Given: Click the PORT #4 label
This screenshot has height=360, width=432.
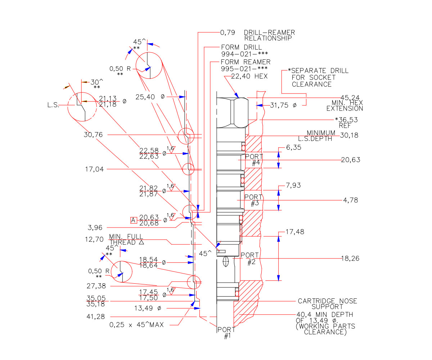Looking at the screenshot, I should click(254, 159).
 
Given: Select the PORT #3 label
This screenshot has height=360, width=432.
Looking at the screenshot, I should click(253, 200).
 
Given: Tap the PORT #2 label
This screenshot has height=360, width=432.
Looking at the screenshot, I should click(250, 258).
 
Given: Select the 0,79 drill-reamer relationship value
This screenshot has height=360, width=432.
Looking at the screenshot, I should click(228, 32).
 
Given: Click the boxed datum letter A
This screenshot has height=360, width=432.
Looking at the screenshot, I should click(134, 220).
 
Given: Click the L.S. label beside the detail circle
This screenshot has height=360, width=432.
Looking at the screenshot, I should click(54, 105).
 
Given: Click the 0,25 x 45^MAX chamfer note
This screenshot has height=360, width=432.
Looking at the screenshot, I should click(136, 325).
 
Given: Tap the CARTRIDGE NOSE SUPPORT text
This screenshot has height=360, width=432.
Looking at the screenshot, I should click(327, 304).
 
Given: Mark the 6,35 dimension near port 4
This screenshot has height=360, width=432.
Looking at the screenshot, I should click(293, 147).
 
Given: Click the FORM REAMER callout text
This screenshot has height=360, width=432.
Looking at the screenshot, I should click(246, 62).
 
